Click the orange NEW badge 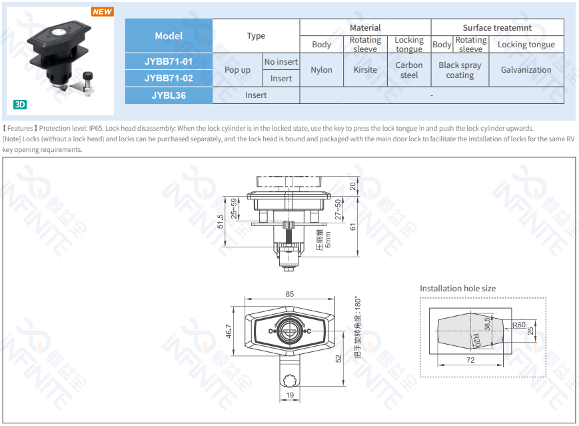coord(103,11)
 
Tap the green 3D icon coord(20,105)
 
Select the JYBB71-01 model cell coord(169,61)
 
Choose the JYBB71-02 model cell coord(169,78)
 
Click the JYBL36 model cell coord(169,95)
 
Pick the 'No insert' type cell coord(281,62)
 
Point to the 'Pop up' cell coord(237,70)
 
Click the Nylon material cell coord(322,70)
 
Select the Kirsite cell coord(365,70)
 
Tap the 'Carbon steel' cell coord(409,70)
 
